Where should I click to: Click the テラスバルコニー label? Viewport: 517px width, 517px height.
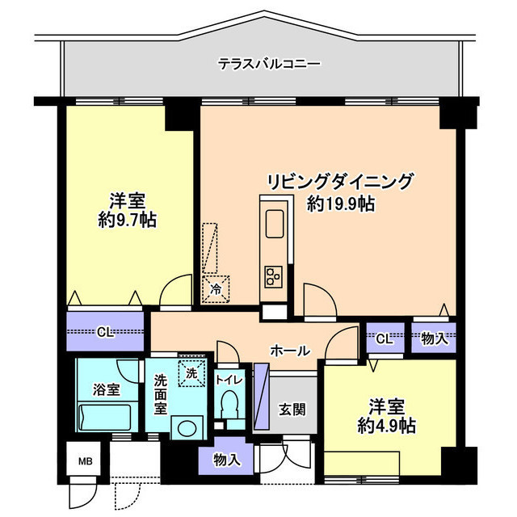269,63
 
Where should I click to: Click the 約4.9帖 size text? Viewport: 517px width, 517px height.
387,425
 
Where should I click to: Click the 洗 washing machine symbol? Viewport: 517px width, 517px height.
191,374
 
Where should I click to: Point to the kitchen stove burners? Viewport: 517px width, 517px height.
271,276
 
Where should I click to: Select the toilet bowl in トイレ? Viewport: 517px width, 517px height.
230,403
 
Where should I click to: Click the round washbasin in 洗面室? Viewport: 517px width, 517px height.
191,427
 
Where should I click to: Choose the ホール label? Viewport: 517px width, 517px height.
289,351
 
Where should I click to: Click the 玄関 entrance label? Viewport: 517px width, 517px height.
292,409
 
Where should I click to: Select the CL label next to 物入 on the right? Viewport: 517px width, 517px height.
384,338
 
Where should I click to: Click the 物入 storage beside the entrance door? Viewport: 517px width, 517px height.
227,460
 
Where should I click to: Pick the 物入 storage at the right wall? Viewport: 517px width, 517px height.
434,338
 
